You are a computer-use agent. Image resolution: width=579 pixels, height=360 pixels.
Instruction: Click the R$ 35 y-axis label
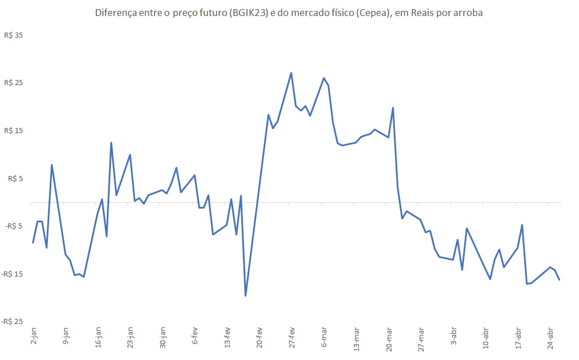pos(15,35)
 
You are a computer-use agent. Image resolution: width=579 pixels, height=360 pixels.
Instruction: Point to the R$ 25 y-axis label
pos(15,83)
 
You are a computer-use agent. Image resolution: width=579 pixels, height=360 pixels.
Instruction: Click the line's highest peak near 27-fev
pos(291,73)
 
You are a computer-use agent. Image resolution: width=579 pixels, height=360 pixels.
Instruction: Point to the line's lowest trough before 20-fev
pos(246,295)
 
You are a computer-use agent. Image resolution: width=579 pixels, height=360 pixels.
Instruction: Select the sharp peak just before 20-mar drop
pos(393,108)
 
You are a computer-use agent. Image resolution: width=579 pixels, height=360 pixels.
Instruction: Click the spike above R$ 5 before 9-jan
pos(52,165)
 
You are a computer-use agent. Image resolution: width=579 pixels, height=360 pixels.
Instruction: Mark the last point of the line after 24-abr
pos(559,279)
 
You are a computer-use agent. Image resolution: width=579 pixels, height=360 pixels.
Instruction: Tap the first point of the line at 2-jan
pos(33,243)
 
